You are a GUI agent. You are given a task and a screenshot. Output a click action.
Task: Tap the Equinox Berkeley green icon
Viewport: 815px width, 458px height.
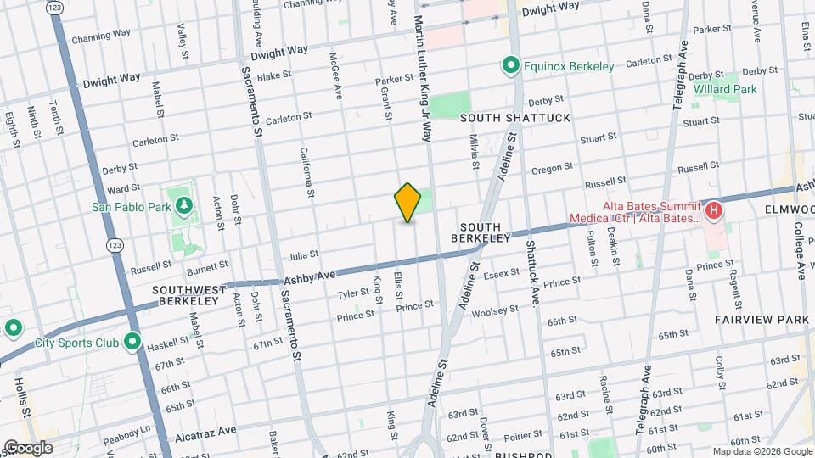click(510, 64)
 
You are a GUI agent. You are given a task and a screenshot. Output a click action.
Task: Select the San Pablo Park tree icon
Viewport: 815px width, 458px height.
click(184, 205)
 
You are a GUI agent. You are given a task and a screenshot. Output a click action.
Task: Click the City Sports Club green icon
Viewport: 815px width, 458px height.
click(132, 343)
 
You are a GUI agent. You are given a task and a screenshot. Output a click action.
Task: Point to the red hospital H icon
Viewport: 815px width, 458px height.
click(714, 209)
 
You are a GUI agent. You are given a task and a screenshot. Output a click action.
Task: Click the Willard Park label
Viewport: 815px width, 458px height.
click(724, 88)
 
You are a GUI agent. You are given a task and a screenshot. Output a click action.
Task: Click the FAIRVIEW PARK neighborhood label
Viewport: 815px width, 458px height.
click(762, 319)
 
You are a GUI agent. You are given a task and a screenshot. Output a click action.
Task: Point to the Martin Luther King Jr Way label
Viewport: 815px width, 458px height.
click(423, 68)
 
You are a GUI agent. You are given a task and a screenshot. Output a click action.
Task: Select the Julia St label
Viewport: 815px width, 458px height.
click(302, 254)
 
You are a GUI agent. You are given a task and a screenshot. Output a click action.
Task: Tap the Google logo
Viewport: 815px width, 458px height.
click(28, 447)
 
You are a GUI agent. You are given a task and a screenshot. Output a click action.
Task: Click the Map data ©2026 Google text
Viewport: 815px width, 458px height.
click(762, 450)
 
